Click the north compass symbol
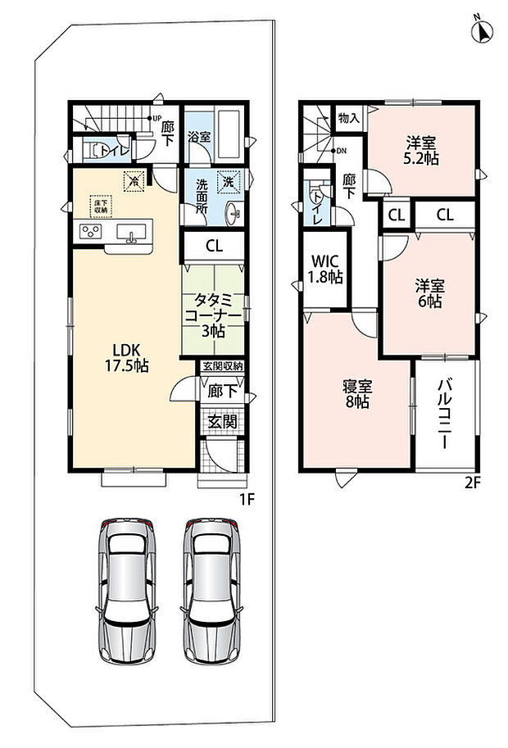(482, 30)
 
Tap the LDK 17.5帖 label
(126, 358)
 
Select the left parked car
(127, 592)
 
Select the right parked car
(211, 592)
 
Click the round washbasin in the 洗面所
(234, 213)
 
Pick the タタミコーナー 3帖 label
(213, 315)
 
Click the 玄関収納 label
(222, 366)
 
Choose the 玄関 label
(223, 421)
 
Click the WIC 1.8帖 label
(326, 269)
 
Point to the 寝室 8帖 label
(357, 393)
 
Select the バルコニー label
(446, 413)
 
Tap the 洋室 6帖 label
(429, 293)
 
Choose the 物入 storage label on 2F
(348, 117)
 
